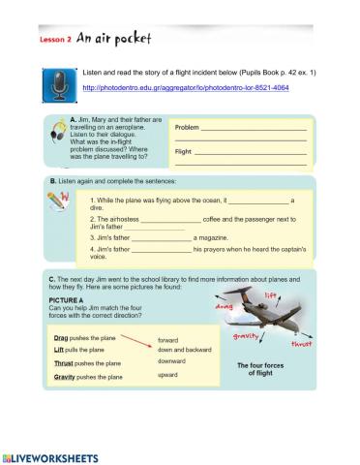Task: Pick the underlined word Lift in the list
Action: [59, 349]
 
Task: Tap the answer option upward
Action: [170, 373]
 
